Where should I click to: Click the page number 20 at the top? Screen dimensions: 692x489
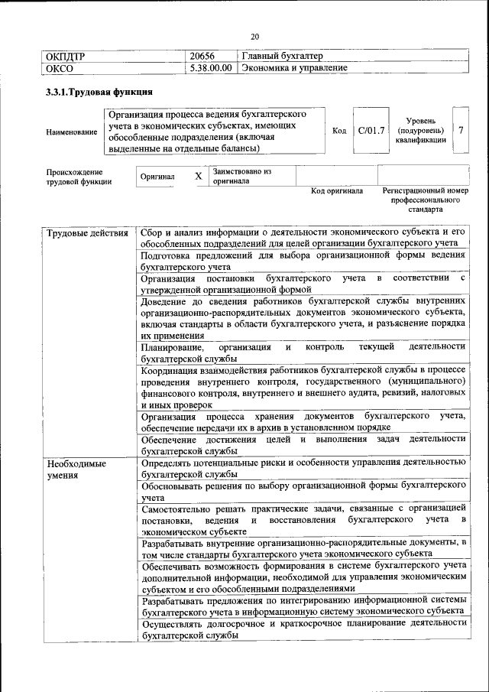click(255, 35)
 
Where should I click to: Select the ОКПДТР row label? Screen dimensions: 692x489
click(66, 56)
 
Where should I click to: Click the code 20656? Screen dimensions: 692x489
click(202, 56)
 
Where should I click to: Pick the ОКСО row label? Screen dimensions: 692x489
click(60, 68)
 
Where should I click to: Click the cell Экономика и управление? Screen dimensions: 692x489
click(294, 68)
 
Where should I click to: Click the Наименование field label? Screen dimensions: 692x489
click(72, 132)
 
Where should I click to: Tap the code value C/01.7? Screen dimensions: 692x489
click(371, 130)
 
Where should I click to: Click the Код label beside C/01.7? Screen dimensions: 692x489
click(339, 130)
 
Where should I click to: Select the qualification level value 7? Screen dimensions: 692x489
click(461, 130)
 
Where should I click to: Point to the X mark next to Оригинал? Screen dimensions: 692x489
click(199, 177)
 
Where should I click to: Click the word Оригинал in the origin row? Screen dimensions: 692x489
click(157, 177)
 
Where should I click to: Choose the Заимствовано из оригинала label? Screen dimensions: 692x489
click(242, 177)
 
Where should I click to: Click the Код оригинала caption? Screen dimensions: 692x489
click(336, 190)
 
